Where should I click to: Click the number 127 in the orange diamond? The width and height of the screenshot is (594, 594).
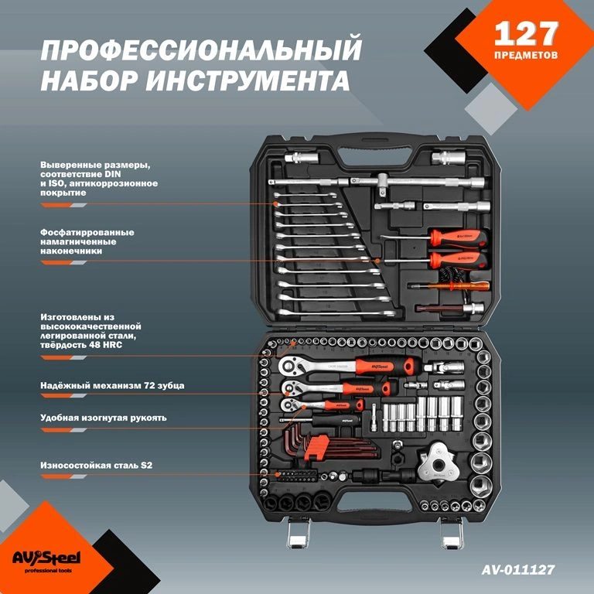pos(526,33)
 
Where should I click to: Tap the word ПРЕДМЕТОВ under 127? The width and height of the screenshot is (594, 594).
pos(526,56)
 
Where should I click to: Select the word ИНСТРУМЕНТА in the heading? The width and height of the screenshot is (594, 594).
pos(247,80)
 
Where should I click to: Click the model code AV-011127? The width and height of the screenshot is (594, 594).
pos(518,569)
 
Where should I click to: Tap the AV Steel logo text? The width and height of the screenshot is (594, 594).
pos(46,558)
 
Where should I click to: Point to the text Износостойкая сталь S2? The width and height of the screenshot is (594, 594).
pos(96,465)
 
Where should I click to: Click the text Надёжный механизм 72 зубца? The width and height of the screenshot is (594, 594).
pos(112,386)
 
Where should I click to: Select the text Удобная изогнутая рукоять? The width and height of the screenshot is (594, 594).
pos(104,418)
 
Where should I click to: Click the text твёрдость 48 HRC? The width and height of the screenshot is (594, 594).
pos(81,345)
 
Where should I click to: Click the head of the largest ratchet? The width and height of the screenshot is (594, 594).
pos(291,366)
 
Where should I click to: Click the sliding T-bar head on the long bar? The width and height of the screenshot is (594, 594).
pos(382,185)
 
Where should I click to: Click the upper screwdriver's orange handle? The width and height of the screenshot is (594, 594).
pos(459,238)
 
